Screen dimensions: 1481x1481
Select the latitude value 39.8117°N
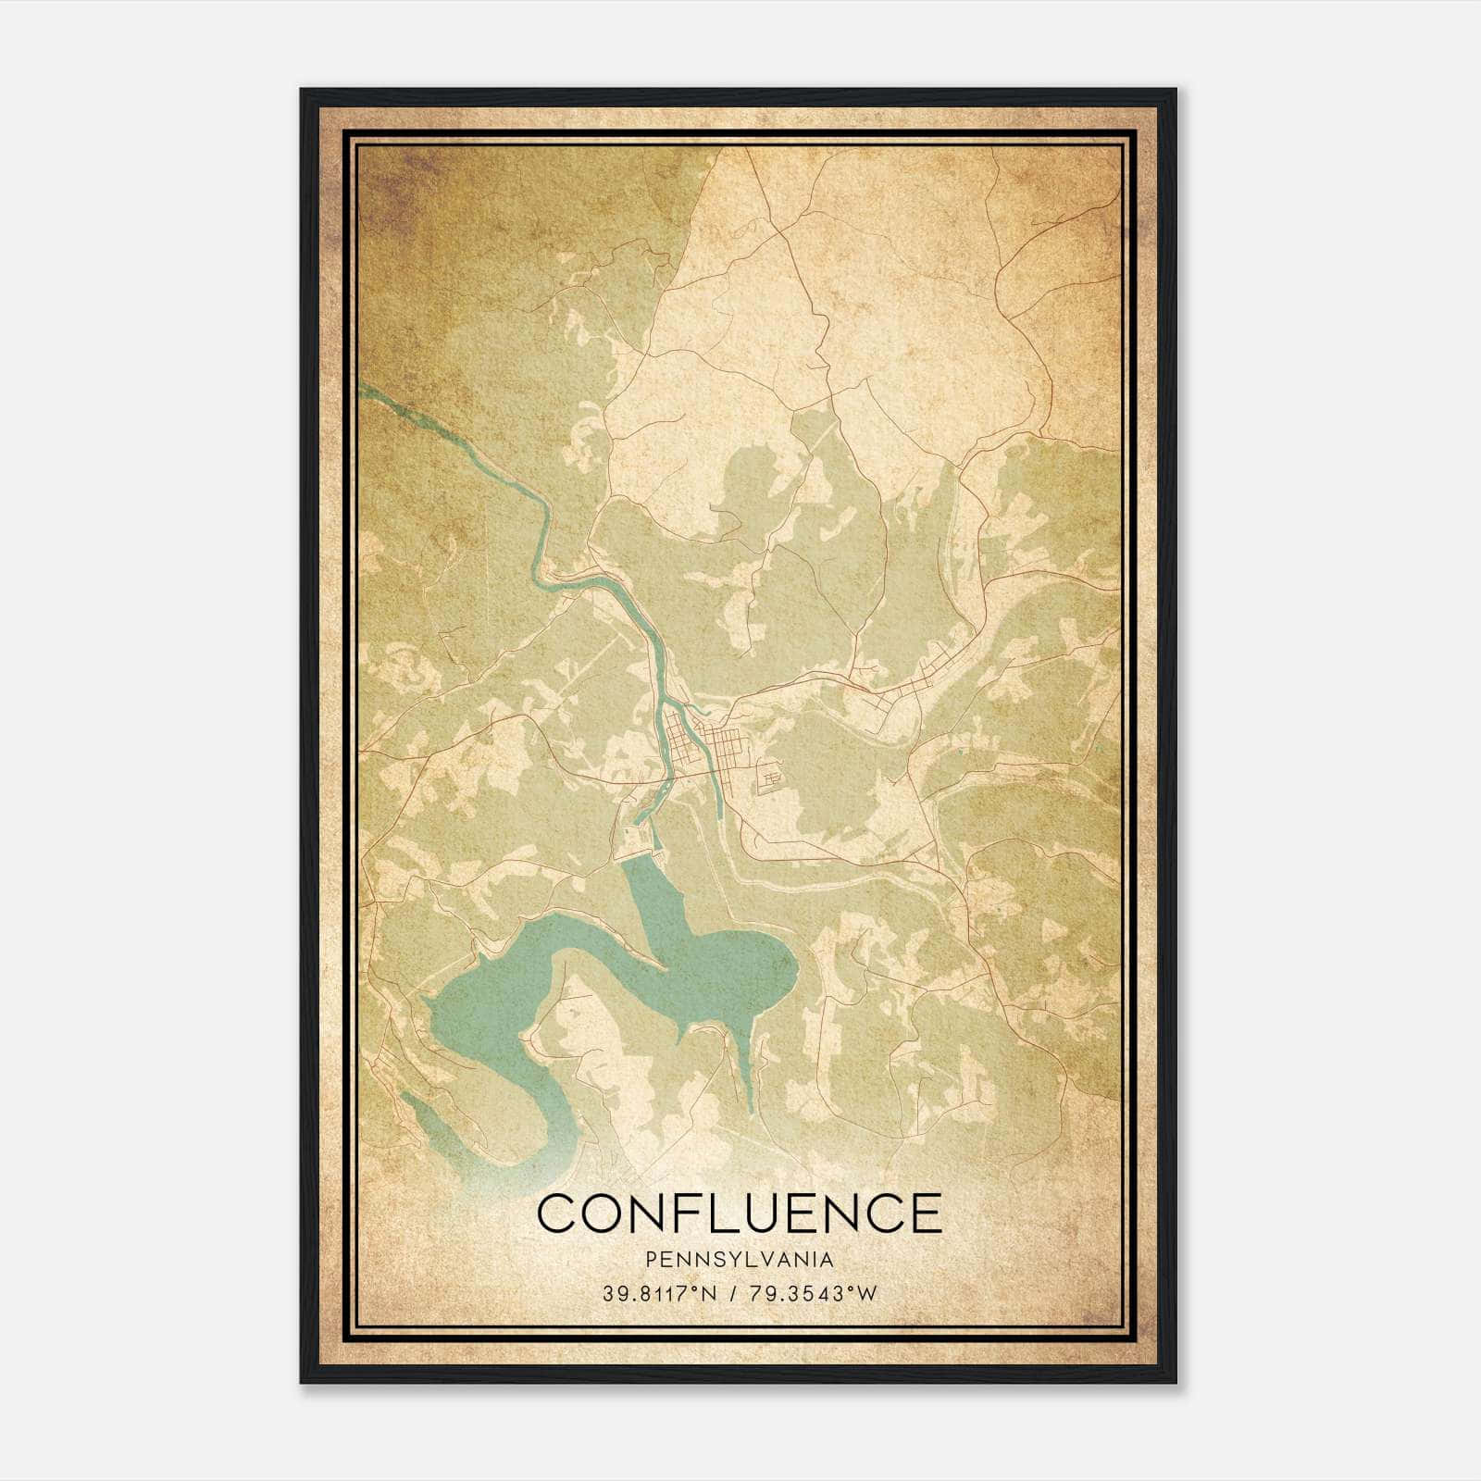[659, 1294]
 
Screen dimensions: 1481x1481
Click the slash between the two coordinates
[734, 1294]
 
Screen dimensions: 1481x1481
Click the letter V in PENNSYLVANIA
[762, 1260]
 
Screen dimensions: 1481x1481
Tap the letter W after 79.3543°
[865, 1294]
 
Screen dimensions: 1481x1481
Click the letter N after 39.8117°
[709, 1294]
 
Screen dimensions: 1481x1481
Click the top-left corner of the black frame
[303, 91]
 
